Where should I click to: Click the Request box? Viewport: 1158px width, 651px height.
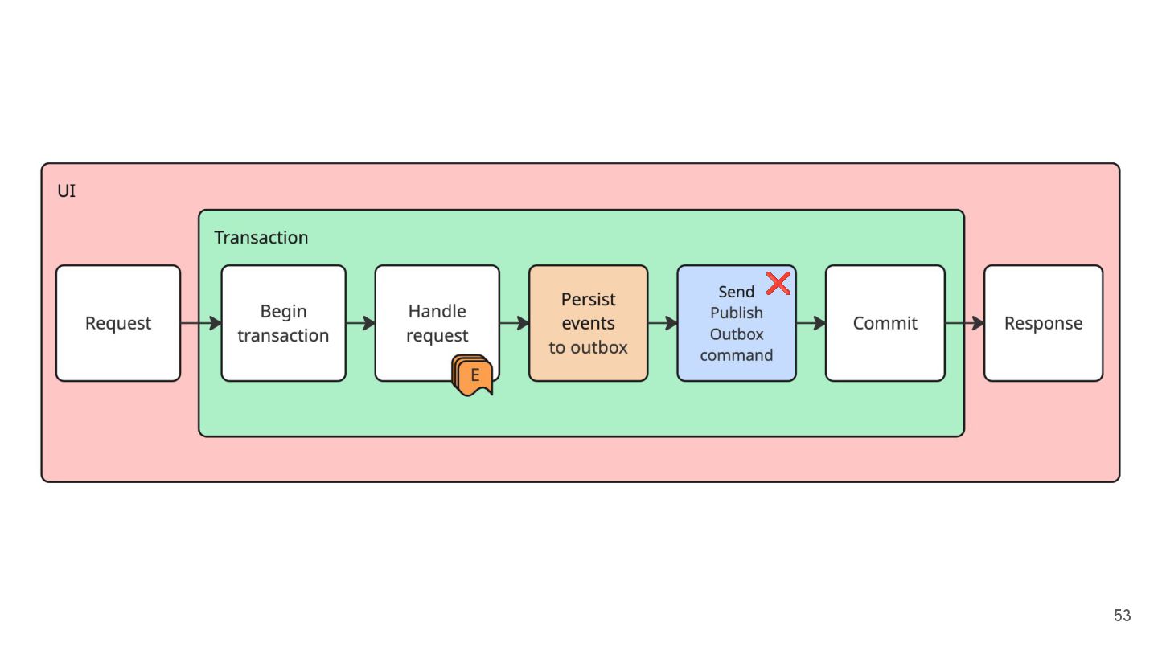(x=118, y=323)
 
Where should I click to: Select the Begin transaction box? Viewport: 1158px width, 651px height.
(x=283, y=323)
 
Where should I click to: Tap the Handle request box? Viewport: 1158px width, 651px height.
(x=437, y=323)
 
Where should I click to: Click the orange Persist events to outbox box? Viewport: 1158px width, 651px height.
(x=589, y=323)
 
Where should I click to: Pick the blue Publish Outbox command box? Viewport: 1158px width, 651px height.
(x=737, y=323)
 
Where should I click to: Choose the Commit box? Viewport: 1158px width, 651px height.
(x=885, y=323)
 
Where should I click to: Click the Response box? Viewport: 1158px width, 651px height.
(x=1043, y=323)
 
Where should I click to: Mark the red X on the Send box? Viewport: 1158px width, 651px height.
(x=778, y=284)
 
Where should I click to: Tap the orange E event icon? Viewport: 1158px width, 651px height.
(x=473, y=375)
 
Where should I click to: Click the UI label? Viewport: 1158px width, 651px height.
(x=66, y=191)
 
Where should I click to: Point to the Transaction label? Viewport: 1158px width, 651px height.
(x=261, y=238)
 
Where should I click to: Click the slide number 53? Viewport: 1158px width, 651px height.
(x=1122, y=616)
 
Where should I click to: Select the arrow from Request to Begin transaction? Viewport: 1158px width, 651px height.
(x=201, y=323)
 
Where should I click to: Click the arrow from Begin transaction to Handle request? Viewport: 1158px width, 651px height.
(x=361, y=323)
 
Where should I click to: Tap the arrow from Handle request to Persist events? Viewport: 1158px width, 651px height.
(x=515, y=323)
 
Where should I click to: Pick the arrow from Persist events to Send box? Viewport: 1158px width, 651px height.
(x=663, y=323)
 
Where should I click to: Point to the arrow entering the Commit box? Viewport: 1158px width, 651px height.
(x=811, y=323)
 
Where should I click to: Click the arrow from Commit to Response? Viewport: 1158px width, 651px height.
(x=965, y=323)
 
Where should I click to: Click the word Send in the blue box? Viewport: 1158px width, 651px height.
(x=736, y=292)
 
